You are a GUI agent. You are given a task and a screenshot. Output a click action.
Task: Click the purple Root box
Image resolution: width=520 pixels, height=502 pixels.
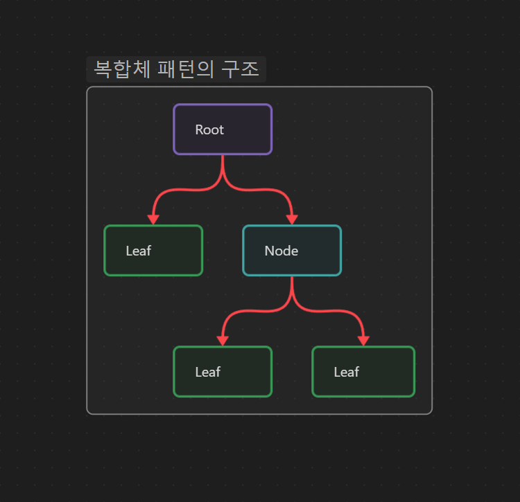pyautogui.click(x=223, y=129)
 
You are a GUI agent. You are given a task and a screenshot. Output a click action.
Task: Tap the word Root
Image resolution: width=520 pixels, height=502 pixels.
pyautogui.click(x=209, y=129)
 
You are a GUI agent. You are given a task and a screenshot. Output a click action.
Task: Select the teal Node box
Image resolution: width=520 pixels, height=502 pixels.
pyautogui.click(x=292, y=250)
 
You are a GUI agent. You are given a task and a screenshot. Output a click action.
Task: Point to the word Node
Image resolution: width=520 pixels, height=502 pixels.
pyautogui.click(x=281, y=251)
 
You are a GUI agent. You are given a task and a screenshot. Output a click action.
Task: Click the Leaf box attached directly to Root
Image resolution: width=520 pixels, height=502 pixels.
pyautogui.click(x=153, y=250)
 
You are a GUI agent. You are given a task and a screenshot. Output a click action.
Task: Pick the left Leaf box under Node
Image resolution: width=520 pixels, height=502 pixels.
pyautogui.click(x=223, y=372)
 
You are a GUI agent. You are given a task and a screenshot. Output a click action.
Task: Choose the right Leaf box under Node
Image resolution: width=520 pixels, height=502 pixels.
pyautogui.click(x=363, y=372)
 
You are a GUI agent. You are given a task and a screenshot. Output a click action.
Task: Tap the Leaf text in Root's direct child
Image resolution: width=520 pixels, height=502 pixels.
pyautogui.click(x=138, y=251)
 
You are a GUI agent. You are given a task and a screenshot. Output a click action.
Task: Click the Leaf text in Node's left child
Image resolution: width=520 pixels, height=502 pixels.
pyautogui.click(x=207, y=372)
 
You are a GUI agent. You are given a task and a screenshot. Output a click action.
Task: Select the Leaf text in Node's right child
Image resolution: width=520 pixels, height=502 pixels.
pyautogui.click(x=346, y=372)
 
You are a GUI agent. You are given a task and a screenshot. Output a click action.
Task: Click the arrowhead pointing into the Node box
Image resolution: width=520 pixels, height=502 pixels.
pyautogui.click(x=292, y=219)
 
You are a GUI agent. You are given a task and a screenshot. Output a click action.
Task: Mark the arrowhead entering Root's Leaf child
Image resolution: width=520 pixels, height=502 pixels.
pyautogui.click(x=153, y=219)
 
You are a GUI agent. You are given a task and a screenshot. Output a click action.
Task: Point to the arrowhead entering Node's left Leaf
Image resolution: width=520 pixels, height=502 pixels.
pyautogui.click(x=223, y=341)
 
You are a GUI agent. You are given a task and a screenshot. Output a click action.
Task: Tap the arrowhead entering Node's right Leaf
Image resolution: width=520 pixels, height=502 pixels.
pyautogui.click(x=363, y=341)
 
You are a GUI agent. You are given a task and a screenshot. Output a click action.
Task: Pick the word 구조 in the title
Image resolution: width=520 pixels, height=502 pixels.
pyautogui.click(x=240, y=69)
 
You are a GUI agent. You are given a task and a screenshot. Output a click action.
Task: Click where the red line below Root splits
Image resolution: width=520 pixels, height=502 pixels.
pyautogui.click(x=223, y=181)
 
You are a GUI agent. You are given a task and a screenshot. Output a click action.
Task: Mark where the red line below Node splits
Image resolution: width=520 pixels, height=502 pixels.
pyautogui.click(x=292, y=303)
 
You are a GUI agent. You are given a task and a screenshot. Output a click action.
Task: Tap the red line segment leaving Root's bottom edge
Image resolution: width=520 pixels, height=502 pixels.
pyautogui.click(x=223, y=165)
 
